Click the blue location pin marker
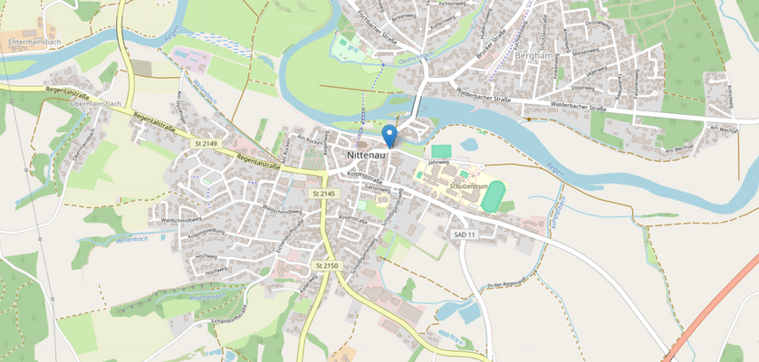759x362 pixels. (389, 136)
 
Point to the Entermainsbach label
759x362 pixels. (34, 43)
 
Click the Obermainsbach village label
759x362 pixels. (95, 103)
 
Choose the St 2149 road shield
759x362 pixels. (207, 143)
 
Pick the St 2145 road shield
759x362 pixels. (324, 194)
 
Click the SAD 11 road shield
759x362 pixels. (465, 233)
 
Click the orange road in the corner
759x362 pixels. (716, 308)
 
